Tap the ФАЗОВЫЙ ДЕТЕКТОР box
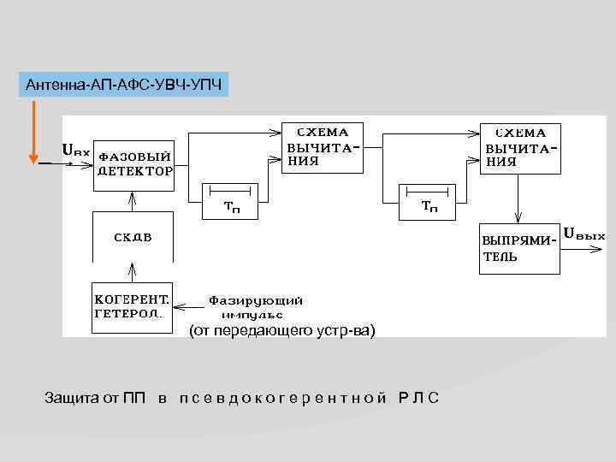[x=133, y=163]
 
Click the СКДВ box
[x=133, y=236]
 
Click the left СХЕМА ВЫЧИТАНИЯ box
[x=322, y=147]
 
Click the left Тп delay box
[x=231, y=200]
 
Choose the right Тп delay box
[x=431, y=200]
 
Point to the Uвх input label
[x=75, y=151]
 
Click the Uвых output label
[x=585, y=234]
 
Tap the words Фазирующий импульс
[x=256, y=306]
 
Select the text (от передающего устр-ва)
[x=281, y=330]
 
